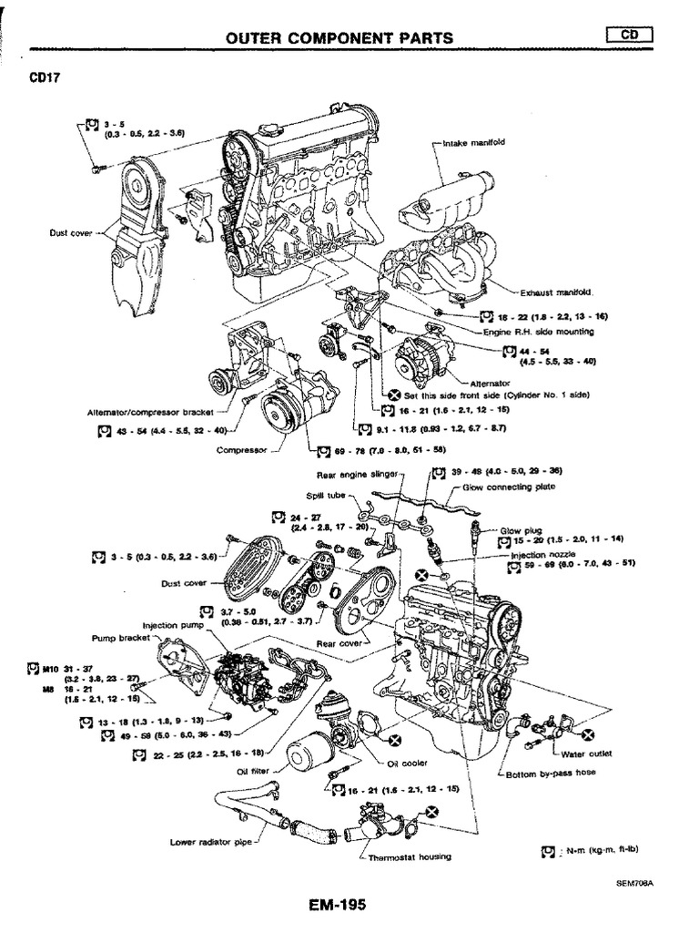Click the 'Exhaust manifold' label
[555, 293]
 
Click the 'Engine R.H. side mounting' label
[546, 332]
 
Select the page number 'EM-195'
[338, 906]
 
